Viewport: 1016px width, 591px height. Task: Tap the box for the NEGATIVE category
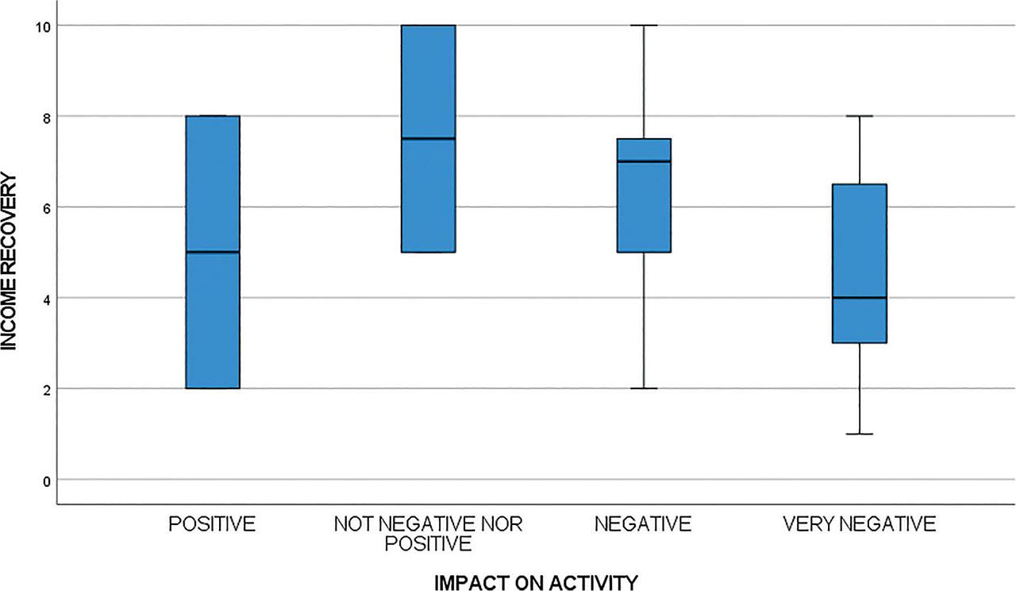644,207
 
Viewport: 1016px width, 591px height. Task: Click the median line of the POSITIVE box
213,252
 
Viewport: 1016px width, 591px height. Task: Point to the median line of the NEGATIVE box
644,161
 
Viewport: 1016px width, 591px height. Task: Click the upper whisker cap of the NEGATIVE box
644,25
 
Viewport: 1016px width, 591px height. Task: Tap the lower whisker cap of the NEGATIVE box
644,388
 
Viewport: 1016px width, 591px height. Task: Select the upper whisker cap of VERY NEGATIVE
860,116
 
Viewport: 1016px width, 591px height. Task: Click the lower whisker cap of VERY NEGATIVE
860,434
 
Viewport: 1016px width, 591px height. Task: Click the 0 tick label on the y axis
45,480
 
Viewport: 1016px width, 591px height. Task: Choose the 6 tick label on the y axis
45,207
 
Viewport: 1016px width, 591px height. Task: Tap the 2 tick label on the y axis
45,389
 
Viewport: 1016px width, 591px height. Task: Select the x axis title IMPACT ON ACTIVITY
536,582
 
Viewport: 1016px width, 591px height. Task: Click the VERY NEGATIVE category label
860,524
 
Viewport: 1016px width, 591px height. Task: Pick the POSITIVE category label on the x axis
213,524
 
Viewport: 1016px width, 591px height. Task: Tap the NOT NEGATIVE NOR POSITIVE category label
428,534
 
